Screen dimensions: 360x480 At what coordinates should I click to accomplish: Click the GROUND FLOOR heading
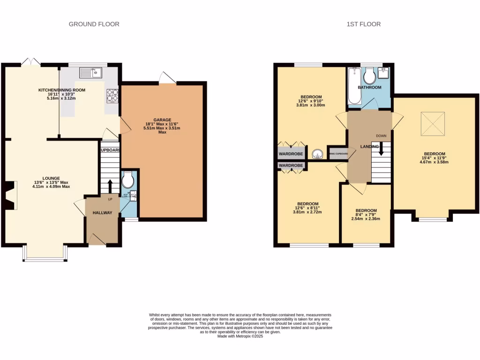click(x=94, y=24)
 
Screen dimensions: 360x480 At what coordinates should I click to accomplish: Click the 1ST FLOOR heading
click(x=363, y=24)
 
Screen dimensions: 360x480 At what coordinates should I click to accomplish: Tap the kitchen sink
click(x=91, y=72)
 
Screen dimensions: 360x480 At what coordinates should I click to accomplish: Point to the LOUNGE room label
click(x=51, y=178)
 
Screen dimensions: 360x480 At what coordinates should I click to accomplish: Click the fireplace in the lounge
click(x=11, y=195)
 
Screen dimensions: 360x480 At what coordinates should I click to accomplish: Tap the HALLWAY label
click(x=102, y=213)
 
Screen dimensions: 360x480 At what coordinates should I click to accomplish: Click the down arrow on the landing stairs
click(x=381, y=150)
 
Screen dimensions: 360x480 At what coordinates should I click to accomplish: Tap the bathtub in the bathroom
click(x=353, y=87)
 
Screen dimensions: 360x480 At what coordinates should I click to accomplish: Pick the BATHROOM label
click(x=369, y=88)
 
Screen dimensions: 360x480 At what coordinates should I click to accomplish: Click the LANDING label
click(x=369, y=147)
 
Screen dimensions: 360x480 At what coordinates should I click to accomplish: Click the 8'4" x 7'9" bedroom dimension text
click(x=366, y=215)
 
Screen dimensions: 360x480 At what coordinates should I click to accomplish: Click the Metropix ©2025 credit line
click(x=240, y=336)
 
